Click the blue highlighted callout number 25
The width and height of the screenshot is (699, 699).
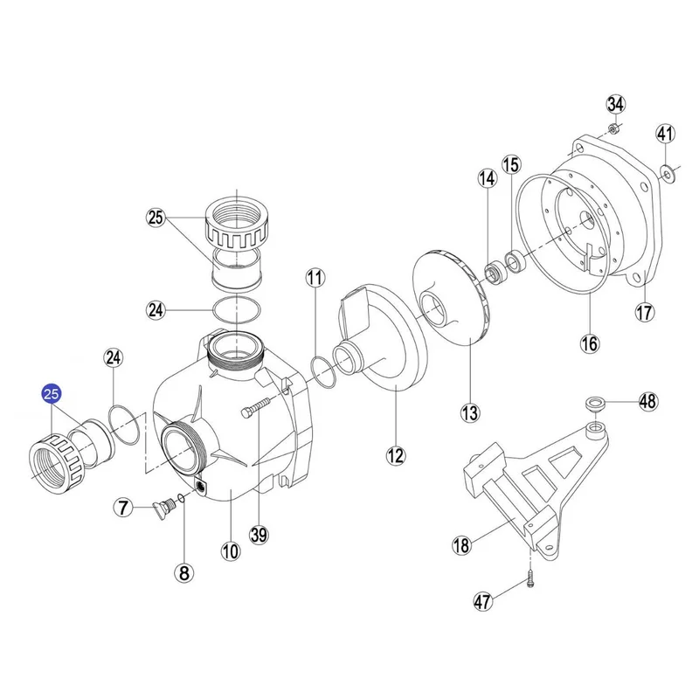pyautogui.click(x=52, y=394)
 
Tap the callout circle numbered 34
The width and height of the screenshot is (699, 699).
pyautogui.click(x=616, y=104)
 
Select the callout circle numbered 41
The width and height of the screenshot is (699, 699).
pyautogui.click(x=665, y=134)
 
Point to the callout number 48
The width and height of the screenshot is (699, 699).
pyautogui.click(x=647, y=401)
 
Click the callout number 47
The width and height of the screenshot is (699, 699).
pyautogui.click(x=482, y=602)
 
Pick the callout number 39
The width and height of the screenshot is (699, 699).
pyautogui.click(x=259, y=534)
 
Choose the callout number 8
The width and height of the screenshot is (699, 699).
pyautogui.click(x=184, y=573)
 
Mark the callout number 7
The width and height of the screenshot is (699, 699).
pyautogui.click(x=123, y=508)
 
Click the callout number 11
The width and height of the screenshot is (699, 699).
pyautogui.click(x=315, y=278)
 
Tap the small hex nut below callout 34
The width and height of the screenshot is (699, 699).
pyautogui.click(x=613, y=129)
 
